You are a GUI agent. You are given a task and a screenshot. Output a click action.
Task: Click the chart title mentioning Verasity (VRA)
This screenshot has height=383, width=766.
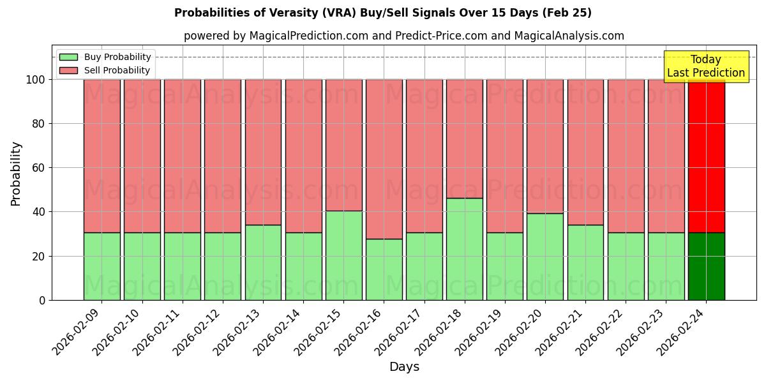click(382, 13)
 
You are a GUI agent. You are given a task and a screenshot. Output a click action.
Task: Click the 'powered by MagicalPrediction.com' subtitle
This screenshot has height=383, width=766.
click(403, 36)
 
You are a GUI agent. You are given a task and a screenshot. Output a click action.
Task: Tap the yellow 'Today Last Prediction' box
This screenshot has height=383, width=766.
click(705, 66)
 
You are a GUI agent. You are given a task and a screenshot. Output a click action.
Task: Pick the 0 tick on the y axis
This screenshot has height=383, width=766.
click(42, 300)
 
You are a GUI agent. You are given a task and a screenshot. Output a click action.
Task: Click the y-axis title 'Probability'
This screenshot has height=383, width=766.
click(16, 174)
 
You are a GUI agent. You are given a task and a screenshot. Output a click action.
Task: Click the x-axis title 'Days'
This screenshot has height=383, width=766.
click(403, 367)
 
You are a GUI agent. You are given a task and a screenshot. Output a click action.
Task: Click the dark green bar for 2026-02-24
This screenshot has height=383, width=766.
click(706, 266)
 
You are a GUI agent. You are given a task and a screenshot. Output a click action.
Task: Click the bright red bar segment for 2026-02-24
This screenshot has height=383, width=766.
click(706, 156)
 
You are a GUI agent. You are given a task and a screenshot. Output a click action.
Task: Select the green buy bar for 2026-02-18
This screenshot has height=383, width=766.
click(464, 249)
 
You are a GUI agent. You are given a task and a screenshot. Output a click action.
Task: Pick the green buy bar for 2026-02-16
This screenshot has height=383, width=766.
click(384, 269)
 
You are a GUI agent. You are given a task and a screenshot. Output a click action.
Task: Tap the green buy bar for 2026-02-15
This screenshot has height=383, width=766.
click(343, 255)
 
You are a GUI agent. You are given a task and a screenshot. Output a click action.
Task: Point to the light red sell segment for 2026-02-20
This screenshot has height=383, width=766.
click(544, 146)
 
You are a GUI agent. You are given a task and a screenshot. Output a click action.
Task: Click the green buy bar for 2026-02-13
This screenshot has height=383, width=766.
click(263, 262)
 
